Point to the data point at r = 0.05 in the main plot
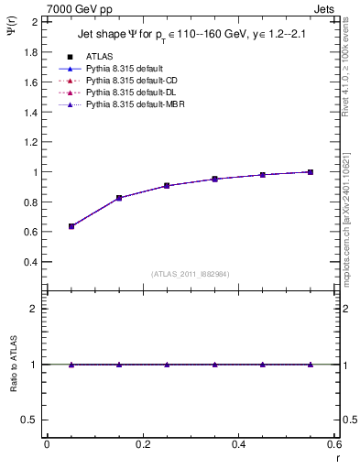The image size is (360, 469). click(71, 226)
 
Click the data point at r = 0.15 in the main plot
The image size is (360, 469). click(119, 198)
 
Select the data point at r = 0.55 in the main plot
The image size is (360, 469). click(311, 172)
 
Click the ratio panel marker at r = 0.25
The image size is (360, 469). click(167, 365)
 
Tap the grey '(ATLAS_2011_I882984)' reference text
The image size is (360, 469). click(191, 273)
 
